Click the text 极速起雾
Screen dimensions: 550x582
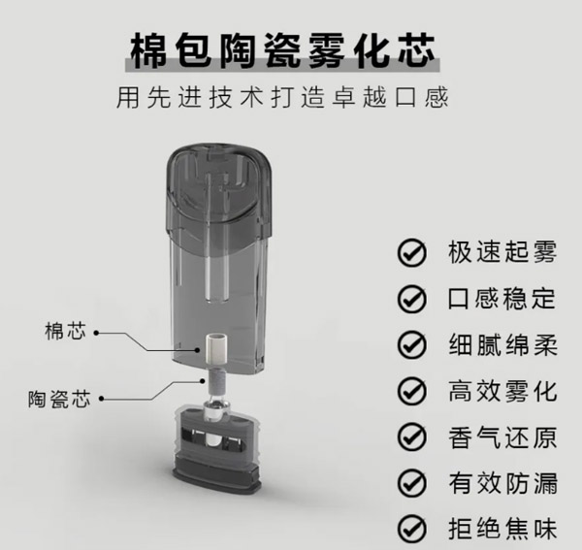[501, 251]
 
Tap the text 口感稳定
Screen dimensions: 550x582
[501, 297]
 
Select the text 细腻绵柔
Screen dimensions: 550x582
[501, 343]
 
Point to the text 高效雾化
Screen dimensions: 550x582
[501, 390]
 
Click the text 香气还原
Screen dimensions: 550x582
[501, 437]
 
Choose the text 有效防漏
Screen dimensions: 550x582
[501, 483]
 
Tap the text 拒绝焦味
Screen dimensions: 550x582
[501, 530]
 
